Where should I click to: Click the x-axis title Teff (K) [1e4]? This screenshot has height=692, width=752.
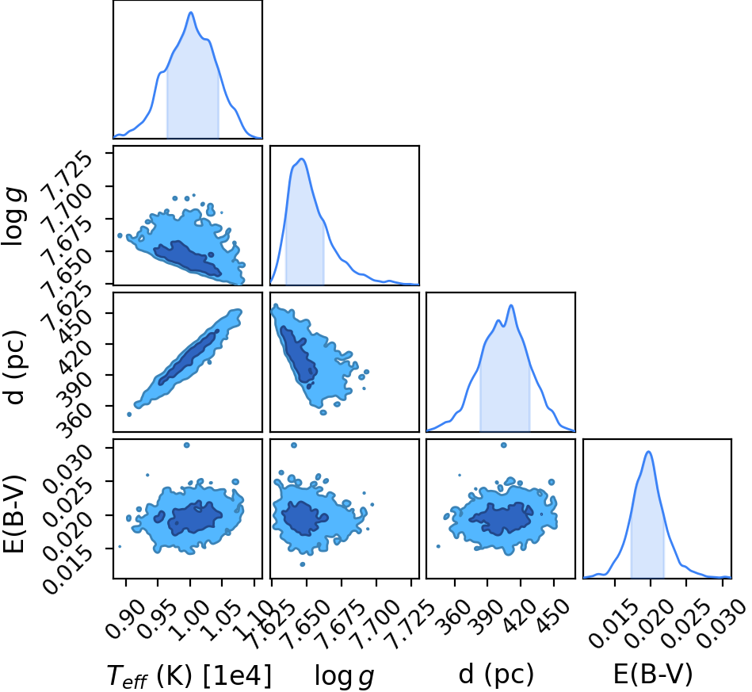point(189,675)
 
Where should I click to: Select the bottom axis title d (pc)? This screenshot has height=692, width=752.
point(496,674)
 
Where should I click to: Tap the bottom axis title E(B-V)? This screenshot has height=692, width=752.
point(653,674)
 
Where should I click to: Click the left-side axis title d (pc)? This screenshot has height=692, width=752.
point(14,368)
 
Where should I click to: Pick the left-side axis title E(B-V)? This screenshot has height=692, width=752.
point(13,514)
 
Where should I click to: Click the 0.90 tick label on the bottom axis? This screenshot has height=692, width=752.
point(124,618)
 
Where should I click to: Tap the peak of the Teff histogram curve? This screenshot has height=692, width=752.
point(191,13)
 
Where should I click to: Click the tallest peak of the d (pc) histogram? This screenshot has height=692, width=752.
point(511,305)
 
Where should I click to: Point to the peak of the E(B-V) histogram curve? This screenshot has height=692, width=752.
point(648,452)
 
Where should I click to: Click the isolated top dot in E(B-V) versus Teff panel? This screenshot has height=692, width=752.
point(186,445)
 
